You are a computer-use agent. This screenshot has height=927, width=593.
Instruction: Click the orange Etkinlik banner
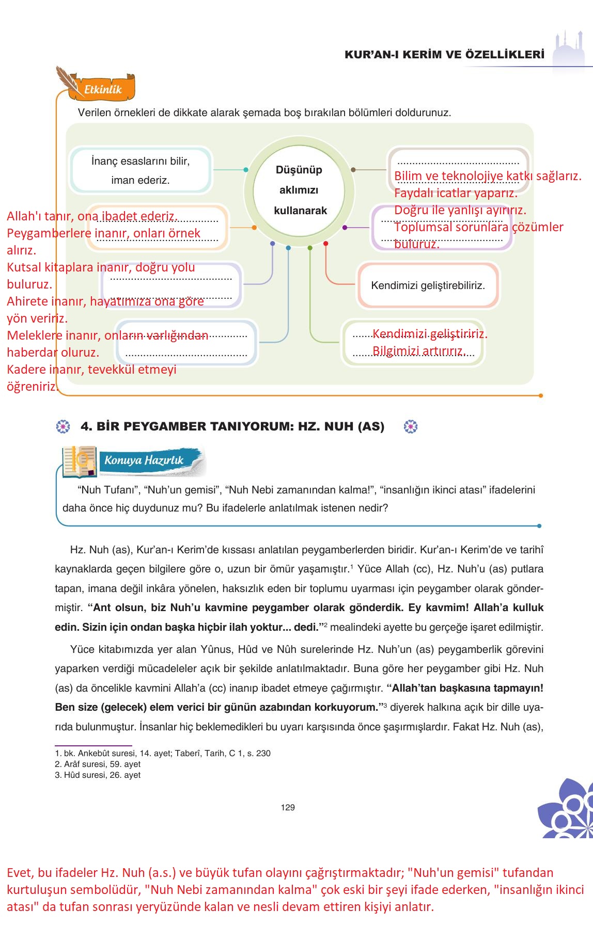coord(103,89)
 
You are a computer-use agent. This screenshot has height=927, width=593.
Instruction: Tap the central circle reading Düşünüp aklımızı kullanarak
coord(299,190)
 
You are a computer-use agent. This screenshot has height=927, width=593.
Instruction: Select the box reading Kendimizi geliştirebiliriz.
coord(428,285)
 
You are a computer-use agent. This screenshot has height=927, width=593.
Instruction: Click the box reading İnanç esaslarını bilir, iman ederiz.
coord(141,170)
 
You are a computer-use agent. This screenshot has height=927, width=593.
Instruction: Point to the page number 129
coord(288,807)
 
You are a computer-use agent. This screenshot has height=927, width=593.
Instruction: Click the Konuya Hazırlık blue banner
coord(145,460)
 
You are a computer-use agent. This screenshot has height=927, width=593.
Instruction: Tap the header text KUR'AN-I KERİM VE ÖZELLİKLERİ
coord(444,55)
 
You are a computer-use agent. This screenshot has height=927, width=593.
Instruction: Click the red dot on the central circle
coord(325,243)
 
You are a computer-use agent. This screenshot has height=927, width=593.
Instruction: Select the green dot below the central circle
coord(310,248)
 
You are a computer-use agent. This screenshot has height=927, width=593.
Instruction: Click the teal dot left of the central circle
coord(246,169)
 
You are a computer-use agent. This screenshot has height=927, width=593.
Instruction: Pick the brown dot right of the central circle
coord(353,169)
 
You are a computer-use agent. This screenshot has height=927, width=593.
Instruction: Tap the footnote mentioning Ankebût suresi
coord(163,753)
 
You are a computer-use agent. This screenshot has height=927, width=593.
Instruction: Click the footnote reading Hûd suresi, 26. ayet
coord(98,775)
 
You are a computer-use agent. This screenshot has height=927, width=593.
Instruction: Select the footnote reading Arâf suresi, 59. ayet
coord(98,764)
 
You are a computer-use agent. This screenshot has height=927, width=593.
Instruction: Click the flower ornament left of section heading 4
coord(63,426)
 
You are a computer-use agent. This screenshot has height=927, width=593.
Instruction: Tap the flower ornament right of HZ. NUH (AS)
coord(411,426)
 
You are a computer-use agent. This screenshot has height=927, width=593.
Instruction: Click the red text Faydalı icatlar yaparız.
coord(456,193)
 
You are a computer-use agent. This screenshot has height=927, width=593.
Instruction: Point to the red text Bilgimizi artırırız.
coord(419,351)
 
